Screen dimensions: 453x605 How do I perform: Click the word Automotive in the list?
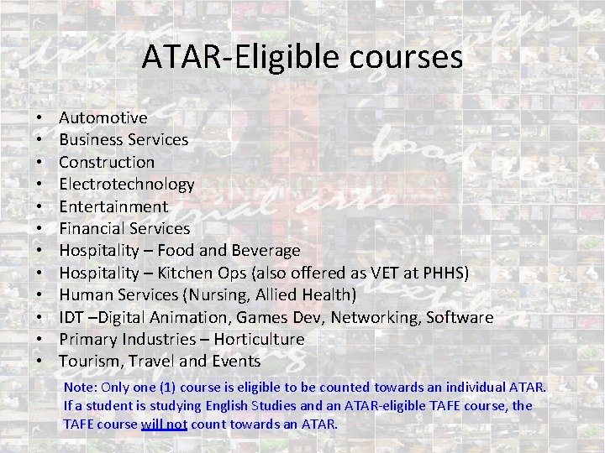tap(103, 117)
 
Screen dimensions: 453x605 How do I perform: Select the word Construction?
tap(107, 162)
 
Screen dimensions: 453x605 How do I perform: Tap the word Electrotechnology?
tap(127, 184)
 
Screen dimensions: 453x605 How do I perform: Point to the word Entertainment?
tap(113, 206)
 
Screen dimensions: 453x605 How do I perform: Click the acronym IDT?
tap(71, 317)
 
